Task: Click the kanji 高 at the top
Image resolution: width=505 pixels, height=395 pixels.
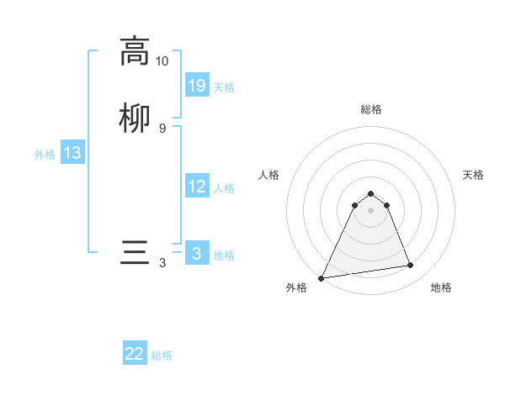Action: click(x=134, y=51)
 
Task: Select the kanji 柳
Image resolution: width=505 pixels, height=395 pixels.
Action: click(x=134, y=118)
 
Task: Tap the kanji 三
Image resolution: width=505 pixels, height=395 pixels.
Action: click(x=134, y=253)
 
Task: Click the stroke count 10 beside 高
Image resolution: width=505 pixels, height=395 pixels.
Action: click(x=162, y=61)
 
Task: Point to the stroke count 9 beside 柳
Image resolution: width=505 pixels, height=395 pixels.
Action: click(x=162, y=128)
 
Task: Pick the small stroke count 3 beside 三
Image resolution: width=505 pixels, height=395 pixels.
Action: click(x=162, y=263)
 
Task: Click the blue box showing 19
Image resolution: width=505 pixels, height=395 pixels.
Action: click(x=197, y=86)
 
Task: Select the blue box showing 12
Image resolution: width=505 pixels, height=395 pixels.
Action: click(x=197, y=187)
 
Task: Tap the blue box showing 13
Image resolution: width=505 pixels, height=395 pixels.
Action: click(x=72, y=153)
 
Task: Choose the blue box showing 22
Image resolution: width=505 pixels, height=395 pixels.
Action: click(x=135, y=354)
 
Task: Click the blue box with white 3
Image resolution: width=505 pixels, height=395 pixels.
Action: click(x=197, y=254)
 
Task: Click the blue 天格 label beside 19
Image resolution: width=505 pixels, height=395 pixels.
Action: click(x=224, y=87)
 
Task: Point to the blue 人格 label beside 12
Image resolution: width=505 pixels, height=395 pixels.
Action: click(x=224, y=188)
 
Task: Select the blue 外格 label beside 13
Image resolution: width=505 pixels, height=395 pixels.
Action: click(x=45, y=155)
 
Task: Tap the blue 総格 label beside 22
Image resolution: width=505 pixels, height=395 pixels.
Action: click(x=162, y=355)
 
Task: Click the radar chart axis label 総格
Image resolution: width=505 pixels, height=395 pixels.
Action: click(x=371, y=109)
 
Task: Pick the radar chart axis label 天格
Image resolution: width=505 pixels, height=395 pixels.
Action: click(x=474, y=175)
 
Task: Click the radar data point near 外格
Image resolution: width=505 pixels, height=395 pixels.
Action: click(x=322, y=277)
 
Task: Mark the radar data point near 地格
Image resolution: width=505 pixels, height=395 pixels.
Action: click(x=411, y=266)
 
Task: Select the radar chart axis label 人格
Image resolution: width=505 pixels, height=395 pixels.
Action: click(x=269, y=175)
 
